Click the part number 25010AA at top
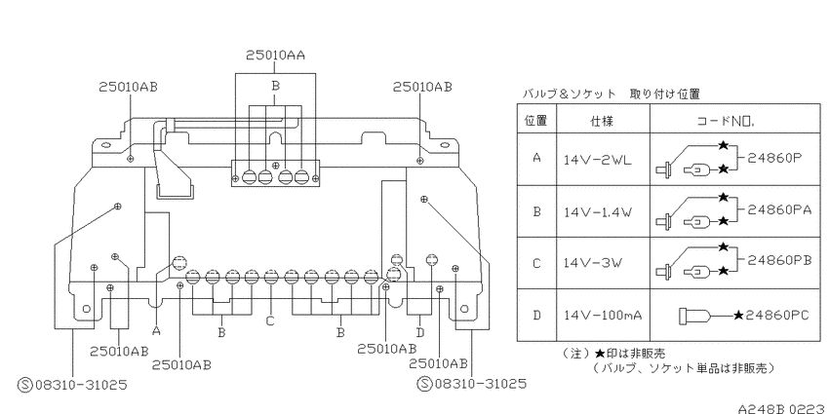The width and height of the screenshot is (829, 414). tap(275, 55)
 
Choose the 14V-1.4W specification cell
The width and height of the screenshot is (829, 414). tap(598, 212)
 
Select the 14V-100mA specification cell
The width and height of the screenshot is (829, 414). tap(603, 316)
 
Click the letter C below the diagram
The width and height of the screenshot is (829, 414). tap(270, 320)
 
